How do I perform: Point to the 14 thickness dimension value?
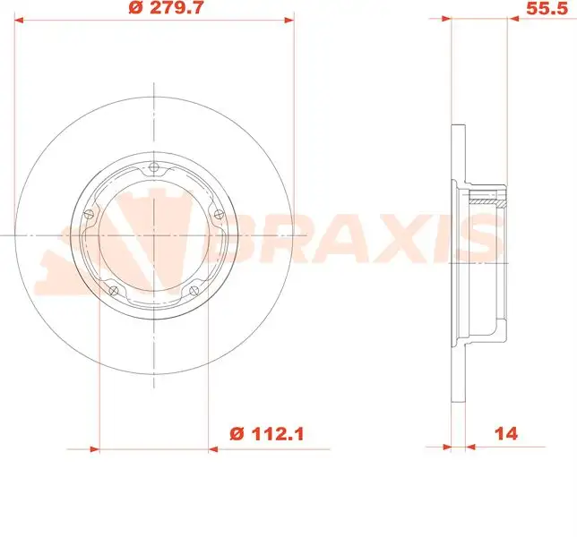[506, 434]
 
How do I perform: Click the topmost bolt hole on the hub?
[154, 168]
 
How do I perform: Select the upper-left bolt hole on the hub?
[88, 213]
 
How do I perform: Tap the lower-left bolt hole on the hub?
[112, 289]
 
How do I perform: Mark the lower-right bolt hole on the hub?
[194, 289]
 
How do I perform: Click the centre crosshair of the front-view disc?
[154, 234]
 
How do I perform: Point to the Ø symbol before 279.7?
[136, 8]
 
